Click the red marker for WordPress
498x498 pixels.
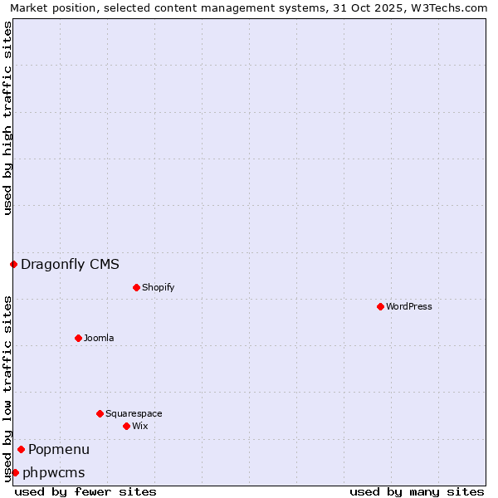click(x=380, y=306)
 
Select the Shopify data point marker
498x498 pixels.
click(x=136, y=287)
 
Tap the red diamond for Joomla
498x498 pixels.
click(x=78, y=338)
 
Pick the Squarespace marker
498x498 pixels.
click(x=100, y=413)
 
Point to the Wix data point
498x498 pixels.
click(x=126, y=426)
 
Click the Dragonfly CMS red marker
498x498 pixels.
click(x=13, y=265)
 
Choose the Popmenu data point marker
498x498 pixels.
click(x=21, y=449)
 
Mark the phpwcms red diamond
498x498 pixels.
click(x=15, y=472)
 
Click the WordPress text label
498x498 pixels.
click(x=409, y=306)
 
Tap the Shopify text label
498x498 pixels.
click(x=158, y=287)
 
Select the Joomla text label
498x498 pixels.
click(x=99, y=338)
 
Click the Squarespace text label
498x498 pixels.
click(x=134, y=413)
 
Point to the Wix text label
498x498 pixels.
click(x=140, y=426)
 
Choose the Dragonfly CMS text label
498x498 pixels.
click(x=70, y=265)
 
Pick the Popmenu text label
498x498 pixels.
click(x=59, y=449)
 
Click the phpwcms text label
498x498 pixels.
click(x=53, y=472)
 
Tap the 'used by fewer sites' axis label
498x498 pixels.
click(x=85, y=491)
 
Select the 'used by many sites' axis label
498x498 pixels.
click(x=417, y=491)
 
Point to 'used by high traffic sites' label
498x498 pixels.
click(x=8, y=118)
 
